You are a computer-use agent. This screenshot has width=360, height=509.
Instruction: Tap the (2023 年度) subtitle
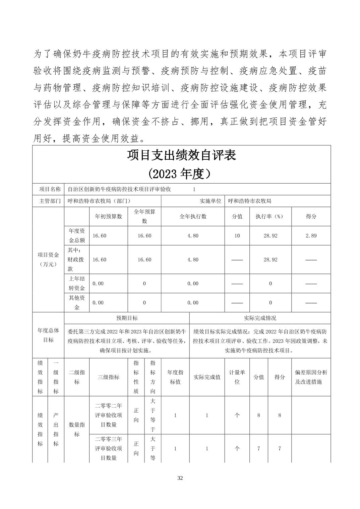click(181, 174)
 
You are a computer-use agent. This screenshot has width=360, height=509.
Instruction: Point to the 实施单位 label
click(211, 201)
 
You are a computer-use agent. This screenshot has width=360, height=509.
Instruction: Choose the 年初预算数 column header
click(109, 216)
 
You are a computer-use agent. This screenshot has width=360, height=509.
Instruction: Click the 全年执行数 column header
click(193, 216)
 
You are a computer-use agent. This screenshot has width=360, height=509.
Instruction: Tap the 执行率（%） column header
click(270, 216)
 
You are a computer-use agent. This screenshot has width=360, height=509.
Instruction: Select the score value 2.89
click(311, 236)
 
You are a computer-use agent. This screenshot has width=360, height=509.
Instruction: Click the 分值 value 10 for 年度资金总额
click(237, 236)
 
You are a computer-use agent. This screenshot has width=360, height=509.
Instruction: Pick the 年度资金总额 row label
click(77, 235)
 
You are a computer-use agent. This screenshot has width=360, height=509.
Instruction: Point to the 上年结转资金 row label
click(77, 283)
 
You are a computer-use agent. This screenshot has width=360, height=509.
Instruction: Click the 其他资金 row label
click(77, 302)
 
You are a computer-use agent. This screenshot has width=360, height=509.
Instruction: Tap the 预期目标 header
click(127, 318)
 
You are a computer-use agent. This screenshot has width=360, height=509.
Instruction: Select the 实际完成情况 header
click(260, 318)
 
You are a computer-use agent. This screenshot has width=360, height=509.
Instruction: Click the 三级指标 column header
click(109, 377)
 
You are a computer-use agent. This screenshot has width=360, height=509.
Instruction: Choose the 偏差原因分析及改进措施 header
click(311, 377)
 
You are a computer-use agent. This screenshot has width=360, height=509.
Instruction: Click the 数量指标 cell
click(77, 429)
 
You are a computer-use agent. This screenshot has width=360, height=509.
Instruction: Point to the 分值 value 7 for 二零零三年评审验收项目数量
click(258, 449)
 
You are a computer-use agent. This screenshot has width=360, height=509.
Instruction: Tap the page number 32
click(180, 478)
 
